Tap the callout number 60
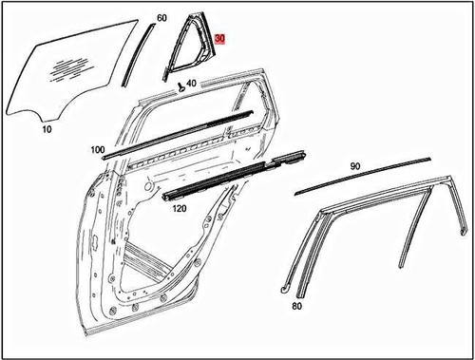tap(161, 19)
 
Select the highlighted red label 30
tap(220, 40)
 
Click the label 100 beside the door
tap(98, 150)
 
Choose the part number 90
tap(355, 166)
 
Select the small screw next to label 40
tap(180, 85)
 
